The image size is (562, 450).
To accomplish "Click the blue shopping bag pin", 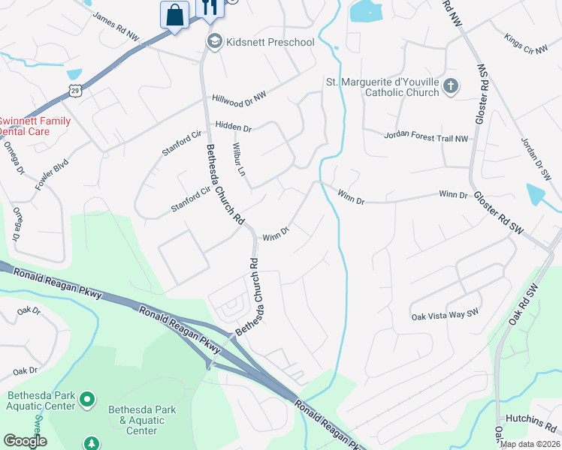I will [174, 15].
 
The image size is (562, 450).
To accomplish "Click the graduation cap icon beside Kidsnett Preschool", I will [214, 41].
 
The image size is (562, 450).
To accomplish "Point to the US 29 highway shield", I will [74, 91].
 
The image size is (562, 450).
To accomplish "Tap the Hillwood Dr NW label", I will [239, 97].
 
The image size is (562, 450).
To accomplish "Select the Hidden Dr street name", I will [233, 127].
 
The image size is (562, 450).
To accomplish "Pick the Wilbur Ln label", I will [239, 160].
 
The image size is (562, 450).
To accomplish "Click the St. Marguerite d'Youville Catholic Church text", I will [382, 87].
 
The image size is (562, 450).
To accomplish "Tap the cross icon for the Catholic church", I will [451, 86].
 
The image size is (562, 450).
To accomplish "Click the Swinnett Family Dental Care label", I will [35, 125].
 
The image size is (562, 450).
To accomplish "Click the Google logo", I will [25, 441].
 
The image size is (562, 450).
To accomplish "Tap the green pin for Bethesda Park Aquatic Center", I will [86, 398].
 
